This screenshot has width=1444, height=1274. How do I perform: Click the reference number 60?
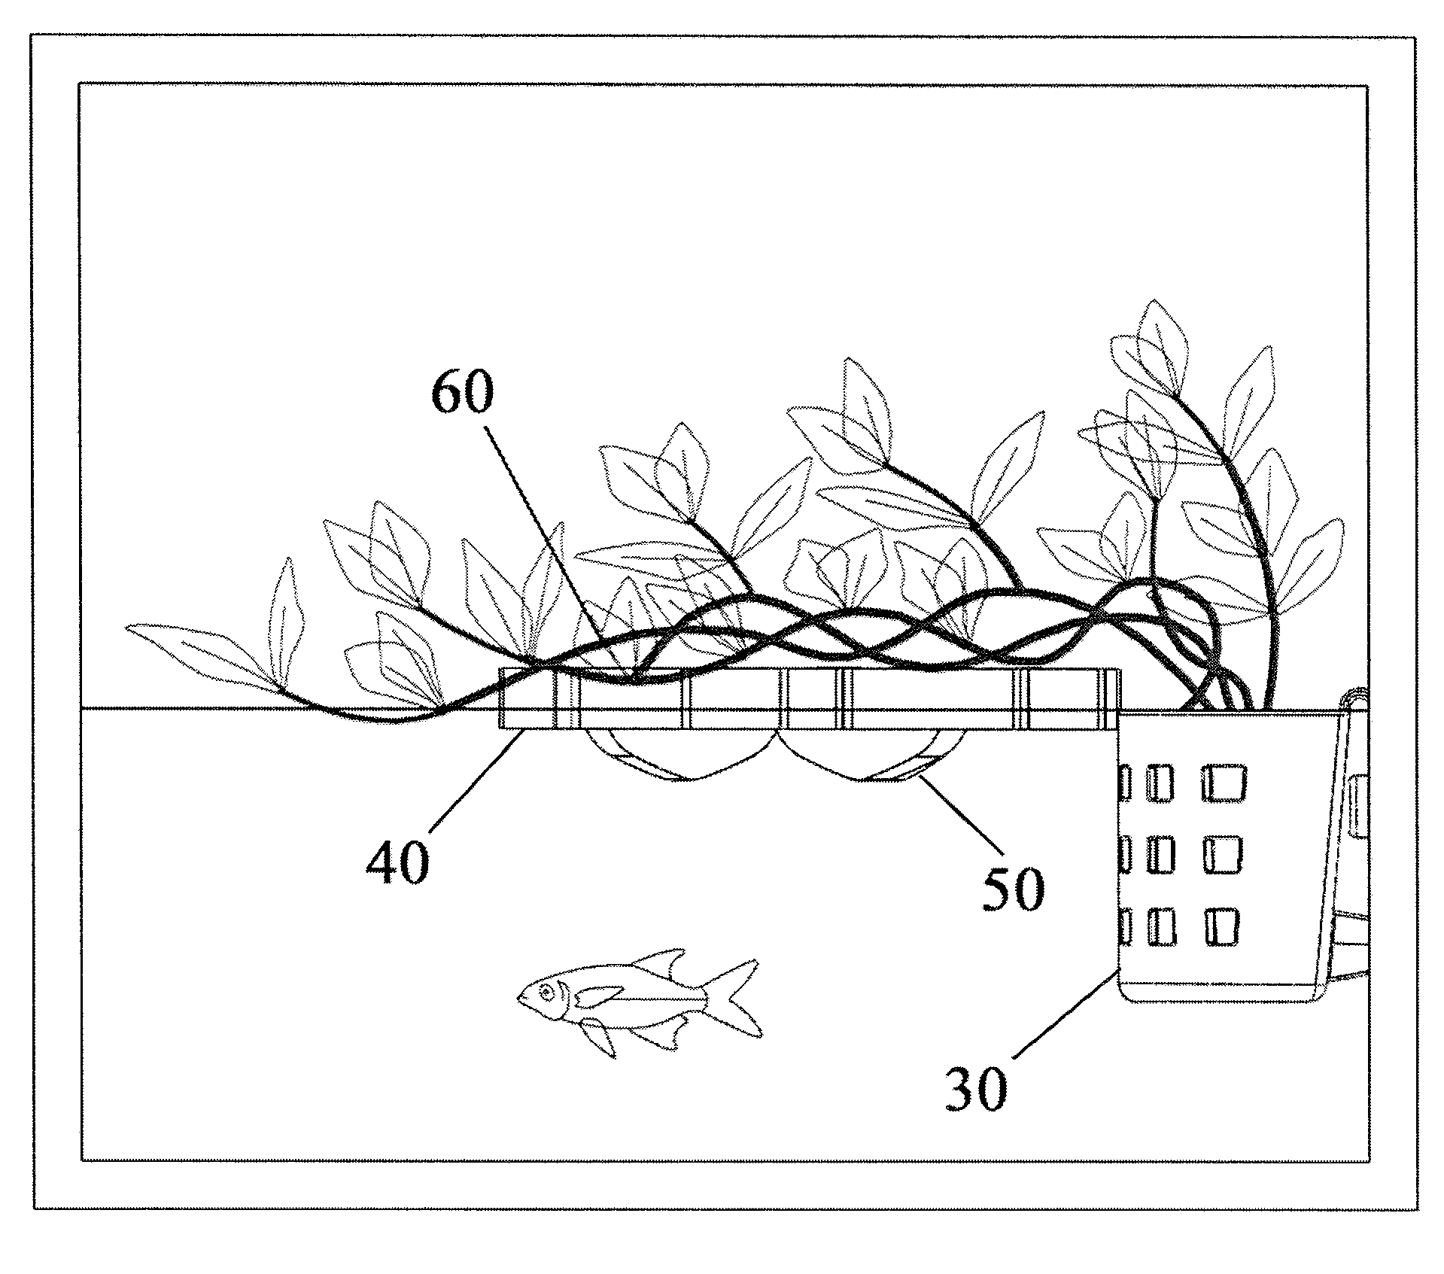[462, 394]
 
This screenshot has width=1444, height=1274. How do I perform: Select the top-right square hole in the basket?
[1224, 783]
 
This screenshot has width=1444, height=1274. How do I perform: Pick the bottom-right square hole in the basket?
[1222, 926]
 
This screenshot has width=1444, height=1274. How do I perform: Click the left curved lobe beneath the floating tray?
[681, 755]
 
